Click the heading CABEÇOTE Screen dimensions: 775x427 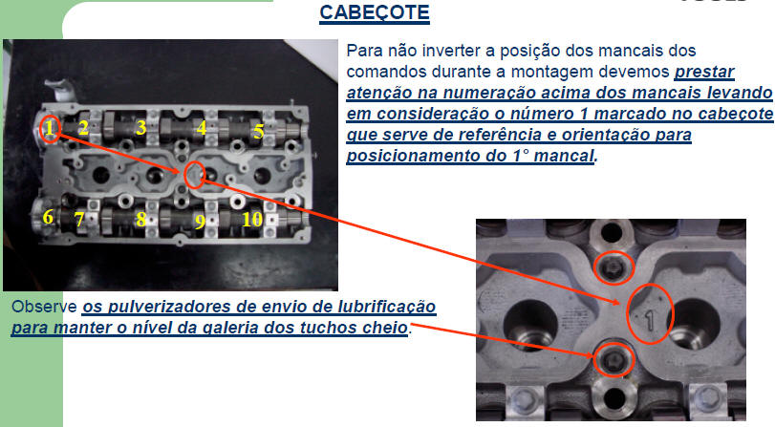tap(375, 12)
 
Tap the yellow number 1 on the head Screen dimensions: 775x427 tap(49, 129)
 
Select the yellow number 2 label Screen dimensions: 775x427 tap(83, 127)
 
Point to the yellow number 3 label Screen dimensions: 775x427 tap(140, 127)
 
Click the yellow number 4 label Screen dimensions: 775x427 tap(202, 127)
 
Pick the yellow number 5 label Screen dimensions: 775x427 tap(259, 132)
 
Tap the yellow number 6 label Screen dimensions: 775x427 tap(48, 217)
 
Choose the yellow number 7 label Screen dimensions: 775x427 tap(79, 219)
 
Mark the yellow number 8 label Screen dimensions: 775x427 tap(140, 219)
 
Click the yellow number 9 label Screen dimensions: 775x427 tap(200, 222)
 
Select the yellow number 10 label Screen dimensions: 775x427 tap(252, 219)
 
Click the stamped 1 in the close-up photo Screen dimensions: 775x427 tap(650, 320)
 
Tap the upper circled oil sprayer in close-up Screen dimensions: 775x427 tap(613, 267)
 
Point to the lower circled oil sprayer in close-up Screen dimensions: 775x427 tap(614, 359)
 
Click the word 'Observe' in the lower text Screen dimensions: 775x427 tap(45, 307)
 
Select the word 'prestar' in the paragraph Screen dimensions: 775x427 tap(704, 72)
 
